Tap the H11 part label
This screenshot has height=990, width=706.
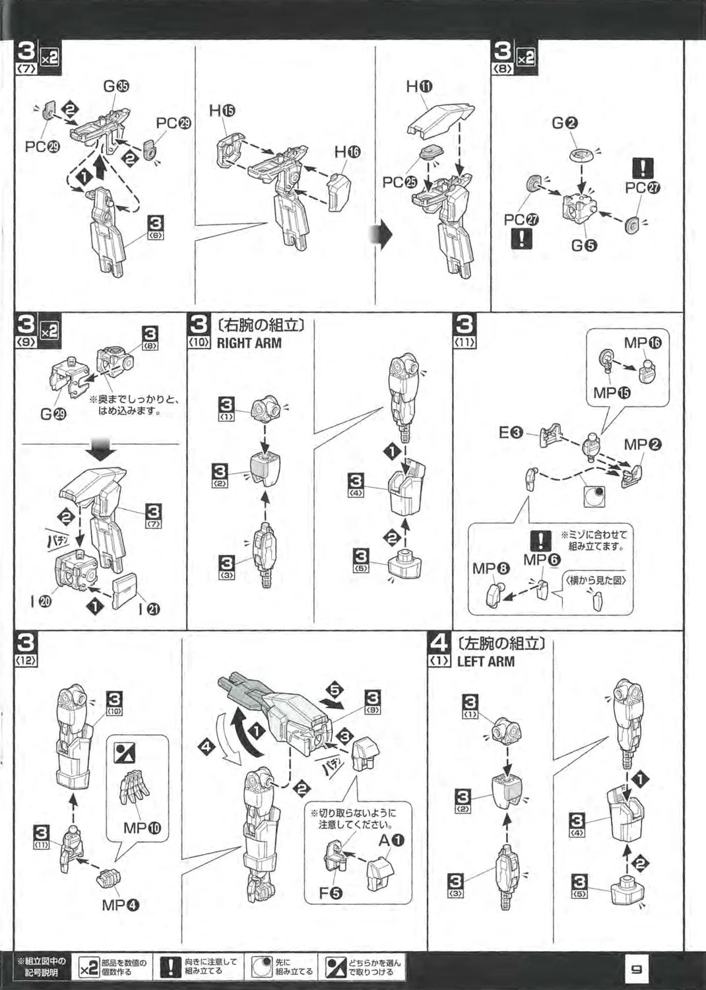[x=419, y=86]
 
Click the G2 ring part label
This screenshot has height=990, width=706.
[x=565, y=122]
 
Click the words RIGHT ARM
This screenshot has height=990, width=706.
[x=249, y=343]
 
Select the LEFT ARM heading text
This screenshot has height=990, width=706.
[x=486, y=661]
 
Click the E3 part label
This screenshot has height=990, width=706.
[x=511, y=433]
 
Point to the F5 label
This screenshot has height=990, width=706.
[x=331, y=893]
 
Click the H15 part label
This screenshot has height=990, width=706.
[x=222, y=111]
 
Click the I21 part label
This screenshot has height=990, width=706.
[x=148, y=609]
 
